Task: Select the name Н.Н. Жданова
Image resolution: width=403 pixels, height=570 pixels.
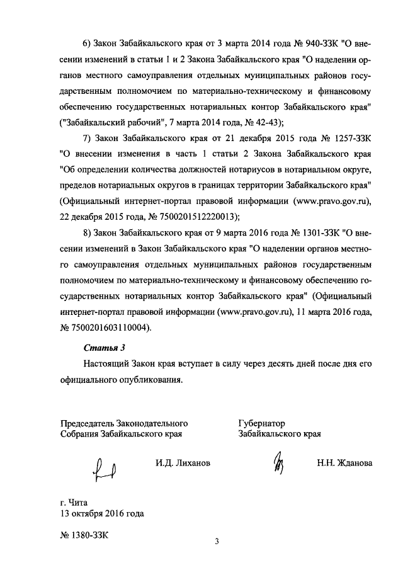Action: pos(344,463)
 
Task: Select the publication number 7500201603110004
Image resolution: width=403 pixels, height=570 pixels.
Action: pos(113,328)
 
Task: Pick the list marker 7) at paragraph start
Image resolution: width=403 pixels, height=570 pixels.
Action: pos(89,137)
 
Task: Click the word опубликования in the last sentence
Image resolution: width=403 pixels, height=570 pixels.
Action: pos(152,380)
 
